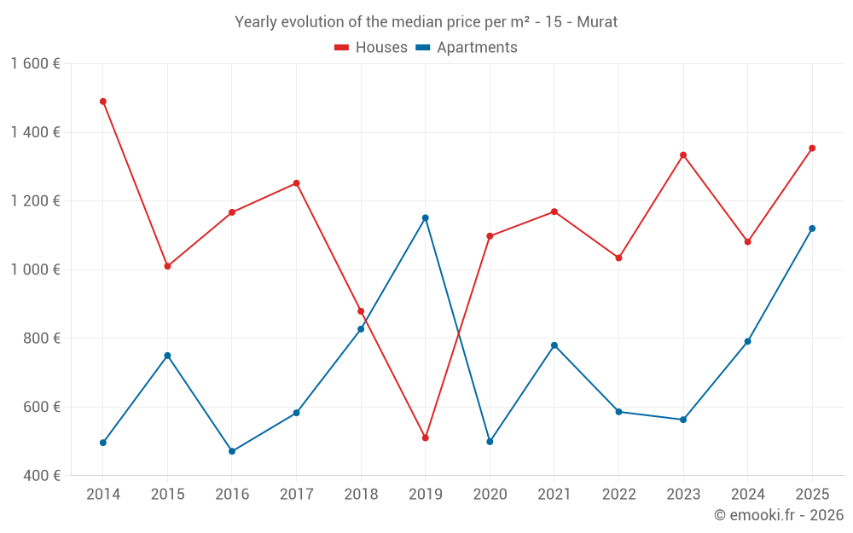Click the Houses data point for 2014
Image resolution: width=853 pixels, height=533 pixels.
point(103,101)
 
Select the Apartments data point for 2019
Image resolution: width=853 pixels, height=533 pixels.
point(426,217)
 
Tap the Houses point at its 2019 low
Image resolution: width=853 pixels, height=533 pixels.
point(426,437)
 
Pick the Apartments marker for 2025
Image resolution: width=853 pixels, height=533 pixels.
point(812,229)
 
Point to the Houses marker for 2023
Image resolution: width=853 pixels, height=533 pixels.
point(683,155)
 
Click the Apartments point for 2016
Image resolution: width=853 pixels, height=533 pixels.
point(232,451)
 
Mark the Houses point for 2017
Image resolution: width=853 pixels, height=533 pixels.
point(297,183)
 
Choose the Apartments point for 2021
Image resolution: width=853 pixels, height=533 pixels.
point(554,345)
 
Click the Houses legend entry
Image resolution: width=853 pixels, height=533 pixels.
point(371,48)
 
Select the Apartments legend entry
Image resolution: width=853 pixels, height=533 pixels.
point(467,48)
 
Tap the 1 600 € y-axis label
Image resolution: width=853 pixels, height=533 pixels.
point(35,64)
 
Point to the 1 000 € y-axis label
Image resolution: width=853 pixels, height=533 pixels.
point(35,269)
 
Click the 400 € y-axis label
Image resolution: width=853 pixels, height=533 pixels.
point(40,475)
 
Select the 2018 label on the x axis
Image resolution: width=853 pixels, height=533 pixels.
point(361,495)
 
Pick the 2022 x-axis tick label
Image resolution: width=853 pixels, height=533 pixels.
point(618,495)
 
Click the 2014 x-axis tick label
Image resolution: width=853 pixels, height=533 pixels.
point(103,495)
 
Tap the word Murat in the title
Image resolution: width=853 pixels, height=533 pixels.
point(597,22)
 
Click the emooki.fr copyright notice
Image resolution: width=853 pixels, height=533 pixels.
point(779,515)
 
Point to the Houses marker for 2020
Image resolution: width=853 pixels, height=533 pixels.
point(490,236)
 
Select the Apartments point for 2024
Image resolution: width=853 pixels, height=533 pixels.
point(748,341)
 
